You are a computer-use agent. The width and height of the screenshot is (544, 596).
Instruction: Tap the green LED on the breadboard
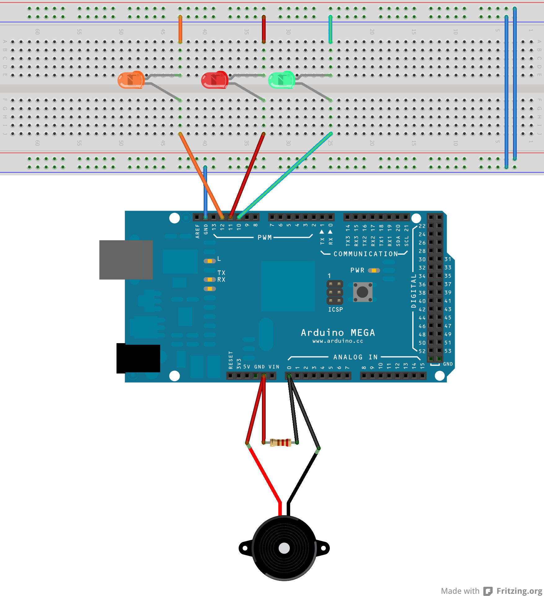[x=281, y=80]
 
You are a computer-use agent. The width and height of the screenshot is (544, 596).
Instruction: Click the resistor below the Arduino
[x=280, y=443]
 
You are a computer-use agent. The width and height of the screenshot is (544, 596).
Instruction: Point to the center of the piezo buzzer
[x=284, y=548]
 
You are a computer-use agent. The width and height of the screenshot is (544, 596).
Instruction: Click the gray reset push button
[x=362, y=292]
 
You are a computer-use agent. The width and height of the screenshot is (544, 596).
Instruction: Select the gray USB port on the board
[x=126, y=260]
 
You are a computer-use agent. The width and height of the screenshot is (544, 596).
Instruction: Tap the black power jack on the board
[x=138, y=358]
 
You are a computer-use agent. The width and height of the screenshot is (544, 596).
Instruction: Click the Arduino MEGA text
[x=338, y=333]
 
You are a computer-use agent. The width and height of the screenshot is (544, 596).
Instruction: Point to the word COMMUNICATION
[x=365, y=254]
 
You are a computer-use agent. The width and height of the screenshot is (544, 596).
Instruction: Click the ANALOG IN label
[x=355, y=357]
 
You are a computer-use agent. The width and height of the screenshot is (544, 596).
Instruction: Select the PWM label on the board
[x=264, y=237]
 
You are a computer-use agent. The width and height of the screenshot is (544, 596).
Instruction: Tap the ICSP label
[x=335, y=309]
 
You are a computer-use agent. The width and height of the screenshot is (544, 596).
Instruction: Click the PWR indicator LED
[x=374, y=270]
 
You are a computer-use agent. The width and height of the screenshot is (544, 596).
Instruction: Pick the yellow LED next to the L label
[x=210, y=261]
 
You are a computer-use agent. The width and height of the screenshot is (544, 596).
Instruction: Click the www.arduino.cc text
[x=338, y=341]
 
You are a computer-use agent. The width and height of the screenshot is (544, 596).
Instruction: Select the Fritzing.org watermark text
[x=519, y=591]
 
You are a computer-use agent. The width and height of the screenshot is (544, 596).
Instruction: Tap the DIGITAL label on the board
[x=414, y=291]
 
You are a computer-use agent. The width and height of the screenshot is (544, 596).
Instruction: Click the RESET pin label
[x=231, y=360]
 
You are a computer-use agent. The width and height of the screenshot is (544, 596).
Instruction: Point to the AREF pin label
[x=197, y=231]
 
